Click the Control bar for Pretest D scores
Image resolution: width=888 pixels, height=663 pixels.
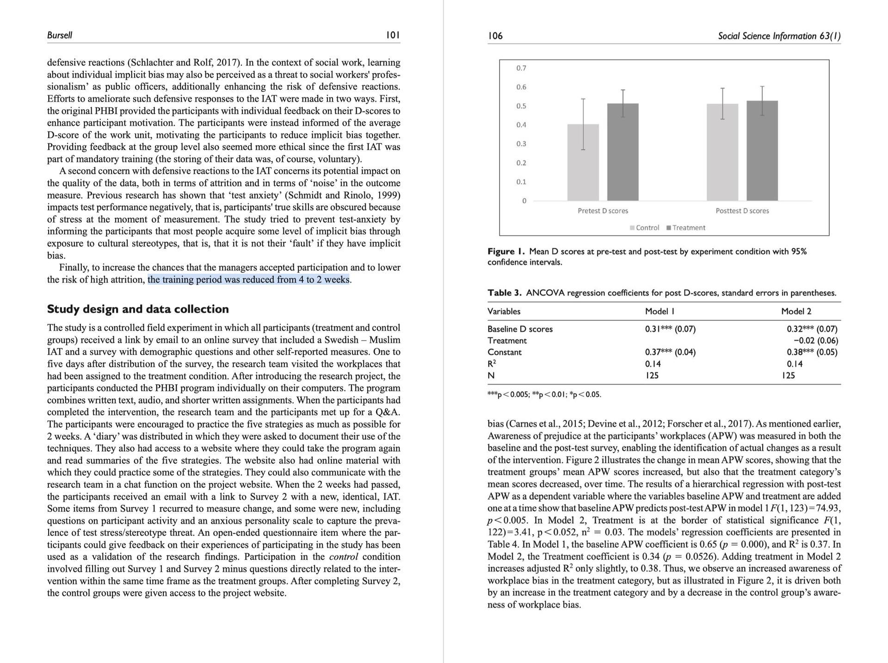pyautogui.click(x=583, y=162)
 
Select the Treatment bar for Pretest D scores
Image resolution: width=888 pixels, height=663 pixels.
pyautogui.click(x=623, y=152)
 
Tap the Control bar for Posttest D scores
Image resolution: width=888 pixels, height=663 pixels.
pyautogui.click(x=722, y=152)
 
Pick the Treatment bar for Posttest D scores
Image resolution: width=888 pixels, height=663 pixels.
pyautogui.click(x=762, y=151)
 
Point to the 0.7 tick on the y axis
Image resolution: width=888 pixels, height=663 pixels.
pyautogui.click(x=521, y=68)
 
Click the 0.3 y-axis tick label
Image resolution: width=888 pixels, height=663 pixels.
pyautogui.click(x=521, y=144)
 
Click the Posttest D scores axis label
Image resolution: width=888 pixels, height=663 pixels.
pyautogui.click(x=742, y=211)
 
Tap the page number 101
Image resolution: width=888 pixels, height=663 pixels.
pyautogui.click(x=393, y=35)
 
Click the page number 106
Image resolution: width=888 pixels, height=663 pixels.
pyautogui.click(x=495, y=36)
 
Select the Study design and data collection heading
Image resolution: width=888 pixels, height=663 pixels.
pyautogui.click(x=138, y=309)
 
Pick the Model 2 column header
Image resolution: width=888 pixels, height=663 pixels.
pyautogui.click(x=796, y=311)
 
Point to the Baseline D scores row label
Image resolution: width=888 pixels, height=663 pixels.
pyautogui.click(x=520, y=329)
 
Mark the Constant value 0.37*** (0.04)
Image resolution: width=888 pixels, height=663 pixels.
pyautogui.click(x=670, y=352)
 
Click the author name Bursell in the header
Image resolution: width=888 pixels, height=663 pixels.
pyautogui.click(x=60, y=35)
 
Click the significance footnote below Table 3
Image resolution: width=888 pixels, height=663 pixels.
pyautogui.click(x=544, y=394)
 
